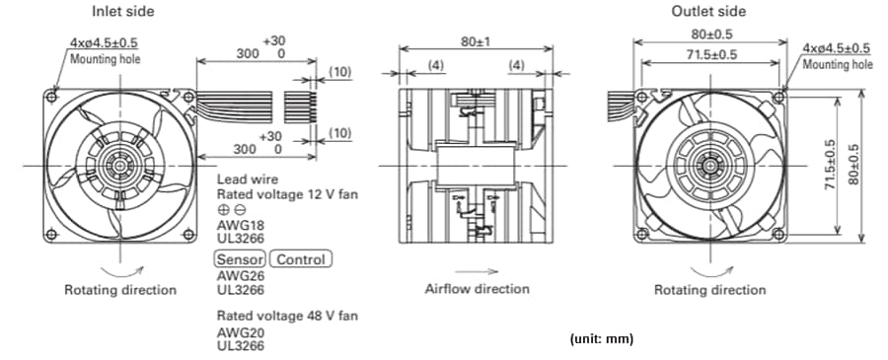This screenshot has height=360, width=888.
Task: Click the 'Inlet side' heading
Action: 122,12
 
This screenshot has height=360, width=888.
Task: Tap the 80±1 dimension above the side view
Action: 475,43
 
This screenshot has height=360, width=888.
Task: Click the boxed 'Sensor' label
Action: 240,259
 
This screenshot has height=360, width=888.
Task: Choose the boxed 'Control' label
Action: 301,259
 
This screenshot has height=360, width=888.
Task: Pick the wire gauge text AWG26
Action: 238,276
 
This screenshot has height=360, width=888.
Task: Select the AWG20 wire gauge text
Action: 238,332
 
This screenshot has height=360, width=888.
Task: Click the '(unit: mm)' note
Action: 601,339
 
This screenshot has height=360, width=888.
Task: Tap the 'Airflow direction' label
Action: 477,289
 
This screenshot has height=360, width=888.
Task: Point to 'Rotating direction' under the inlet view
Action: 120,290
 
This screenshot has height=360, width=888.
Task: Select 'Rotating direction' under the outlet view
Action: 709,290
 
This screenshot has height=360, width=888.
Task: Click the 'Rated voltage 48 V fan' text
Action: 287,316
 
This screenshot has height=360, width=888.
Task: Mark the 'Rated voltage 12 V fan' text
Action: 287,194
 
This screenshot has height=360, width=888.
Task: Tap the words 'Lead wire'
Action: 247,180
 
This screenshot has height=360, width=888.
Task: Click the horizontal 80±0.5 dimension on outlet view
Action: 710,33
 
